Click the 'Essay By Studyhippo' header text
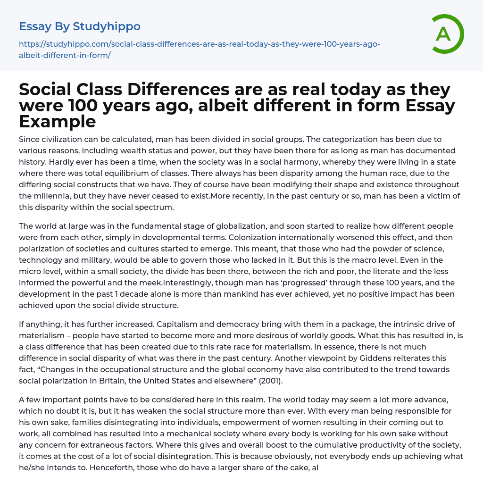(x=80, y=26)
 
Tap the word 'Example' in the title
(x=58, y=122)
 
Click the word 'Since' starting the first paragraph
(x=29, y=139)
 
